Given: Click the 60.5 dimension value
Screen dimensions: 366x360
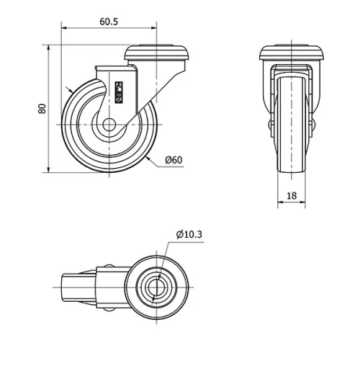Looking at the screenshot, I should (109, 22).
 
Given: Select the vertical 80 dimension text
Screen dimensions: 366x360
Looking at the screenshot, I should (42, 109).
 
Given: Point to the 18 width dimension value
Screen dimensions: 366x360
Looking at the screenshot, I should (291, 195).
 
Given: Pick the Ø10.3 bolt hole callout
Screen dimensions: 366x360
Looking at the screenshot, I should (189, 234).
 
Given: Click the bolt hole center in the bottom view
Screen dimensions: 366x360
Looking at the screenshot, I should (156, 286).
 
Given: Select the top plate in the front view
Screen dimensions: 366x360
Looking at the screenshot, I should (291, 52).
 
